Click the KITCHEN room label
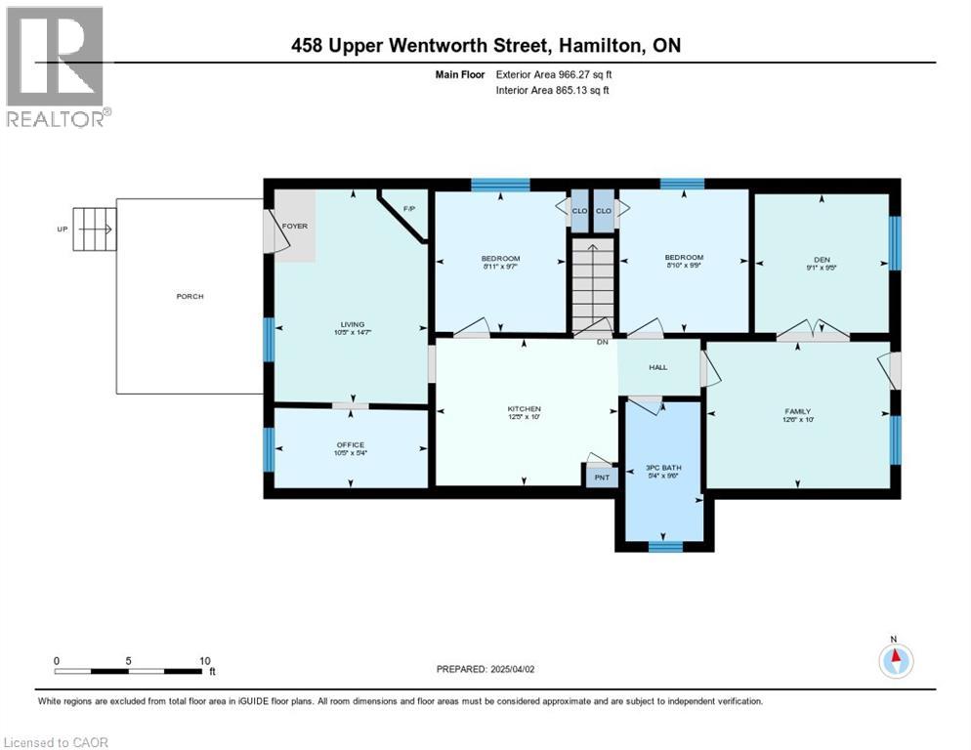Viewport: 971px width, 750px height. (x=524, y=408)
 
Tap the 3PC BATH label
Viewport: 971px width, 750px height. (x=663, y=468)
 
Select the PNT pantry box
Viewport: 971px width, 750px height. (x=602, y=477)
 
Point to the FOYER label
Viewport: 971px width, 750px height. (x=295, y=226)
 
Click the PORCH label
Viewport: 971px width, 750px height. (x=190, y=296)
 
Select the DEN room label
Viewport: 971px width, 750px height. (x=822, y=259)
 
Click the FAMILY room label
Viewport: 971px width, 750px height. (x=797, y=411)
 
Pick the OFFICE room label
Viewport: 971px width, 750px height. (x=350, y=444)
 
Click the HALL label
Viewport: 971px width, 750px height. (x=657, y=367)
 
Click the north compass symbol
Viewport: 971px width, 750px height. (x=894, y=660)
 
